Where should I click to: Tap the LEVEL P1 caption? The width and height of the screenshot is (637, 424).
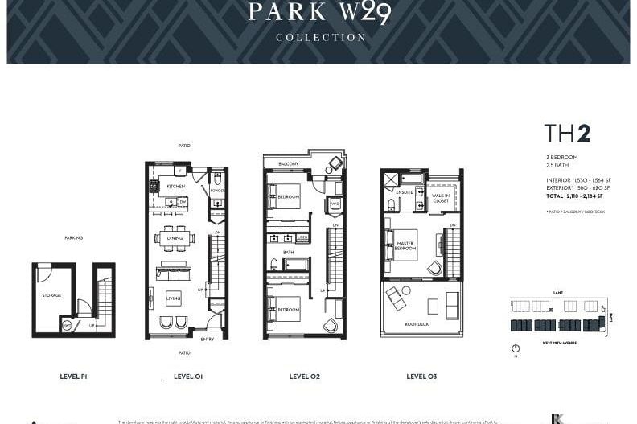(73, 376)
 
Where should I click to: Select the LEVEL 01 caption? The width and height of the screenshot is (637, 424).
(187, 376)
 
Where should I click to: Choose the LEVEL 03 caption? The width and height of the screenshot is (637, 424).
(421, 376)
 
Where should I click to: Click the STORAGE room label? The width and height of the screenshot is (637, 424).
(51, 295)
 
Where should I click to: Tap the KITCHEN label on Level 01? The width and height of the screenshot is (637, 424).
(176, 186)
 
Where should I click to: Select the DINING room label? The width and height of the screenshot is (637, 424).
(175, 238)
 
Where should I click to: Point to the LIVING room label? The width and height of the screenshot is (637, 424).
(174, 298)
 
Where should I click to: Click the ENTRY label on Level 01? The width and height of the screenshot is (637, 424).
(208, 339)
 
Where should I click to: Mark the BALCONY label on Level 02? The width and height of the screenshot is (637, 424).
(289, 164)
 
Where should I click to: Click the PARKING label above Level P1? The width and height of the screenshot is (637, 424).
(73, 237)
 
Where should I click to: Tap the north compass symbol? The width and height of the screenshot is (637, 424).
(515, 348)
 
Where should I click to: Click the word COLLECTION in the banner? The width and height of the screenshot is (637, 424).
(320, 37)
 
